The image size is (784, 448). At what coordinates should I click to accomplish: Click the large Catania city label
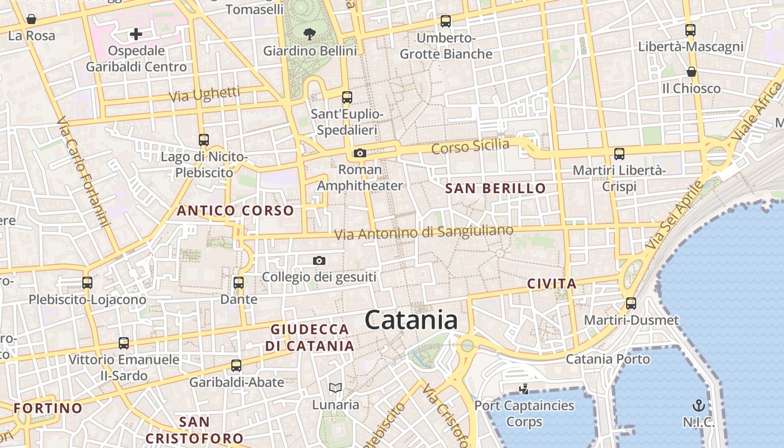411,320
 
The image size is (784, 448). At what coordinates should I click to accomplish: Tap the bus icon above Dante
239,282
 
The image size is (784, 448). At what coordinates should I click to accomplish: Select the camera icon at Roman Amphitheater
360,153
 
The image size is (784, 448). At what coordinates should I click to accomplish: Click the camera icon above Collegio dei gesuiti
319,260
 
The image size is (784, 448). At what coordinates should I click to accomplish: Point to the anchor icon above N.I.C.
698,405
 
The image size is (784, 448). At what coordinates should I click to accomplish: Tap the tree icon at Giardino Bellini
309,34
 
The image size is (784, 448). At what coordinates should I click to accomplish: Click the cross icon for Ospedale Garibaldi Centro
136,35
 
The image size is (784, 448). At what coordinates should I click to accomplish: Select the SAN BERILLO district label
495,189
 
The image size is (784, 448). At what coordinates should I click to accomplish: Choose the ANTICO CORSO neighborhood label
235,211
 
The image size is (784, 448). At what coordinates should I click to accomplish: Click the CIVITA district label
552,284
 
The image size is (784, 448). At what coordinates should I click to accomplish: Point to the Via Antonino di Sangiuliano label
423,232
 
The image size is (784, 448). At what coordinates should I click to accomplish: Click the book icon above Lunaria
335,388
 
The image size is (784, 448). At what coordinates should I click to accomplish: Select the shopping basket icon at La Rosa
31,20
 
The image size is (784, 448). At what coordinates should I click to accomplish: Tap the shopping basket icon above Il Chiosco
692,72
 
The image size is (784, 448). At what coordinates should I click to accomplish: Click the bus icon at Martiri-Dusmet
631,304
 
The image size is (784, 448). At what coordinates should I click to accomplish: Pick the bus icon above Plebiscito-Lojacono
87,283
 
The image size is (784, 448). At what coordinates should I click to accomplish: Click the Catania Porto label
608,359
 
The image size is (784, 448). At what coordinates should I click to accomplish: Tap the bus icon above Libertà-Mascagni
690,30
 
